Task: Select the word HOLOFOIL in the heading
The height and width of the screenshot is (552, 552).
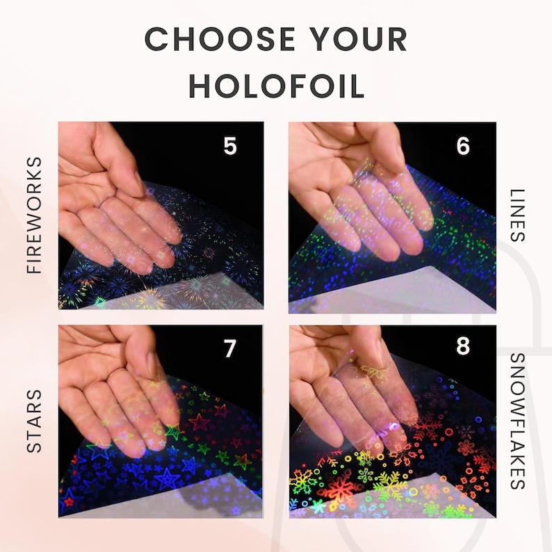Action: (x=277, y=86)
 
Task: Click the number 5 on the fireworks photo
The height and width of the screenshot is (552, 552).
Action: (x=230, y=145)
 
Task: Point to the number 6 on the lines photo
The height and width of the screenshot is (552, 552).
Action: (x=463, y=145)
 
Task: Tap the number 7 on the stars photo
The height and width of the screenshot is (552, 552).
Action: (x=229, y=348)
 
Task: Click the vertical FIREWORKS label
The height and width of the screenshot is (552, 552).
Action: (x=35, y=216)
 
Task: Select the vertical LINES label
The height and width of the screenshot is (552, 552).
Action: (x=517, y=216)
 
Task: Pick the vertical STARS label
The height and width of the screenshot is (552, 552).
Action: (x=35, y=421)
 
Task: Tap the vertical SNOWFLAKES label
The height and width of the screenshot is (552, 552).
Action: (x=517, y=421)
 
